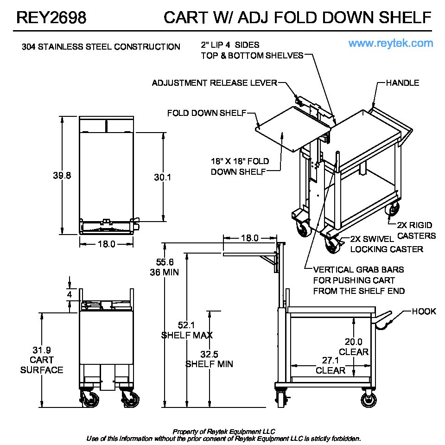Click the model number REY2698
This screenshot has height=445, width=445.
[51, 18]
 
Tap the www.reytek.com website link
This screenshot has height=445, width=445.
[391, 44]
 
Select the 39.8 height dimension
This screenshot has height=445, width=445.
[62, 176]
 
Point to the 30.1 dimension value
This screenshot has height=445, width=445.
[162, 177]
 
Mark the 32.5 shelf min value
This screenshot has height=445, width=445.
[210, 354]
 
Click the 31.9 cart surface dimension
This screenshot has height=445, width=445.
[42, 350]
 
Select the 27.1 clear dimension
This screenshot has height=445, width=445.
[330, 360]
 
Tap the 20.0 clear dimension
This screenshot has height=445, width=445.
[353, 342]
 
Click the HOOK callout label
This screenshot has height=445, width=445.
[424, 311]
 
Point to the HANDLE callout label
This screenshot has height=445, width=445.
[402, 83]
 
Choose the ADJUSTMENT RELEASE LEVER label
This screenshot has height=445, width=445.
[214, 83]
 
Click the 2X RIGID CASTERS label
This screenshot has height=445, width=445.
[416, 230]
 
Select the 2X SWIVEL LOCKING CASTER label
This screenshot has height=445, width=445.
[386, 244]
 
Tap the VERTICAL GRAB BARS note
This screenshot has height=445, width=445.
[358, 280]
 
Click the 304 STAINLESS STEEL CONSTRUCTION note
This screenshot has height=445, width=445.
[101, 47]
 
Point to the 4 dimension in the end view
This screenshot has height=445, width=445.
[70, 294]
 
